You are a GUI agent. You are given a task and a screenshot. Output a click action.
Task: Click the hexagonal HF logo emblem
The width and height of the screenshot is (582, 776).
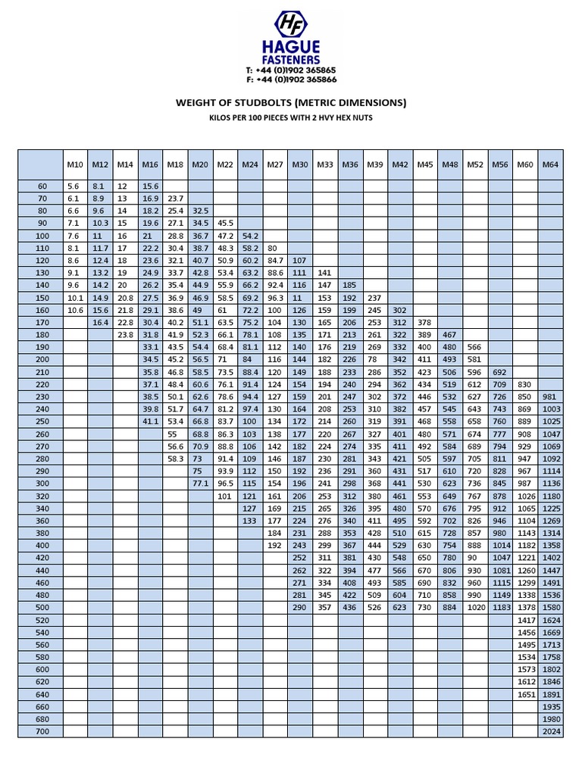pyautogui.click(x=291, y=24)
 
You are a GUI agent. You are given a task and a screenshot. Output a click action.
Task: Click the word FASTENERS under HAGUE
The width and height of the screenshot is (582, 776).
pyautogui.click(x=291, y=59)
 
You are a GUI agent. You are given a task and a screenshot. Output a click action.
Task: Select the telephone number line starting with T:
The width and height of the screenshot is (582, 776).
pyautogui.click(x=291, y=70)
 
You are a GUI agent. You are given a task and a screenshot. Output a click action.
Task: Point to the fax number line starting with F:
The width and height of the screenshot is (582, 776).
pyautogui.click(x=291, y=79)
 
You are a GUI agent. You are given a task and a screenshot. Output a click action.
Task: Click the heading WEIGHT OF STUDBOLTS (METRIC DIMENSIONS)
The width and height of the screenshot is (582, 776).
pyautogui.click(x=291, y=102)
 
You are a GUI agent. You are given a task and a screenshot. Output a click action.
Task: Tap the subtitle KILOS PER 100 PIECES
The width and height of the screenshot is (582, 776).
pyautogui.click(x=291, y=117)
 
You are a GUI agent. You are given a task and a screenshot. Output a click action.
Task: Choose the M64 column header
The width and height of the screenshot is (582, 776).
pyautogui.click(x=550, y=164)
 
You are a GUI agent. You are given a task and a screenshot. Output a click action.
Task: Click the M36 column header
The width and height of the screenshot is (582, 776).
pyautogui.click(x=350, y=164)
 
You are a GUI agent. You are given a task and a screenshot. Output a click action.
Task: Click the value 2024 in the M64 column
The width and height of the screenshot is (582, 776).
pyautogui.click(x=550, y=731)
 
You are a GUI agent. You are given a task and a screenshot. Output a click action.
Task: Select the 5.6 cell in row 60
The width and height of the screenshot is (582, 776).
pyautogui.click(x=74, y=186)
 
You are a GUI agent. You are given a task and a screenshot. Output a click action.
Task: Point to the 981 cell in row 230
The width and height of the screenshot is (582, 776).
pyautogui.click(x=550, y=396)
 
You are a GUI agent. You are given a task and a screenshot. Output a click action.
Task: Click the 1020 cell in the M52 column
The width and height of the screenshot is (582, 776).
pyautogui.click(x=475, y=607)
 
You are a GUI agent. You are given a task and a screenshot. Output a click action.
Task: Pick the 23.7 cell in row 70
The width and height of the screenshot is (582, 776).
pyautogui.click(x=174, y=198)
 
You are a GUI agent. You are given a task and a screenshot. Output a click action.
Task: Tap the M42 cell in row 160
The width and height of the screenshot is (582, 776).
pyautogui.click(x=400, y=309)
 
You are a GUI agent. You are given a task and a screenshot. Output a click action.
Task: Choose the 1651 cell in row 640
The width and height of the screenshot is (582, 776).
pyautogui.click(x=525, y=694)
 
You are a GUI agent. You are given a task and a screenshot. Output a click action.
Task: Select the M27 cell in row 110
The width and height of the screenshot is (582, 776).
pyautogui.click(x=274, y=248)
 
